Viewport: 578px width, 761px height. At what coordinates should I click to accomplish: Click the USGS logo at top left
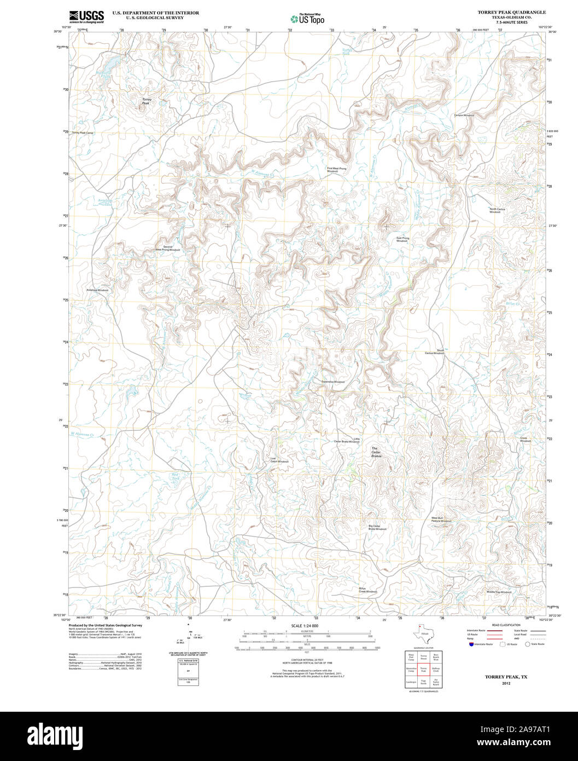pos(86,16)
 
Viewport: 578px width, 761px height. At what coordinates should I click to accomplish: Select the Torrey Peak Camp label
pos(83,133)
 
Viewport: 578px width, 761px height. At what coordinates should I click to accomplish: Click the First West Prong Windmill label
pos(336,170)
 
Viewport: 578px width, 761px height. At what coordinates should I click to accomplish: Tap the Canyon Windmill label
pos(464,116)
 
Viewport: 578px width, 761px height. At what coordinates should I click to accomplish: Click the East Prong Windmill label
pos(402,239)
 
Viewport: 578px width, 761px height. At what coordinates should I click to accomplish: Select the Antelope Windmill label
pos(97,290)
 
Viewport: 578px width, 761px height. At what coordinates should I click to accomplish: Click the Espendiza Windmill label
pos(333,382)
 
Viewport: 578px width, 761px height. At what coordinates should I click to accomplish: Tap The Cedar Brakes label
pos(376,452)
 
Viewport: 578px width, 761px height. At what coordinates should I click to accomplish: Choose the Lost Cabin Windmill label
pos(279,460)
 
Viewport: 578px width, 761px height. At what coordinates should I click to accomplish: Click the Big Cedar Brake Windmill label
pos(377,528)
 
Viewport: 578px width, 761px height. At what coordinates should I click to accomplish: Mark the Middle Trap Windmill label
pos(499,592)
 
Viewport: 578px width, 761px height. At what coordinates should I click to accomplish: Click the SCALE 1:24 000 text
pos(305,626)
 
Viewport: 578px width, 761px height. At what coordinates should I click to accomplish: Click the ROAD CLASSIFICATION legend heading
pos(506,625)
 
